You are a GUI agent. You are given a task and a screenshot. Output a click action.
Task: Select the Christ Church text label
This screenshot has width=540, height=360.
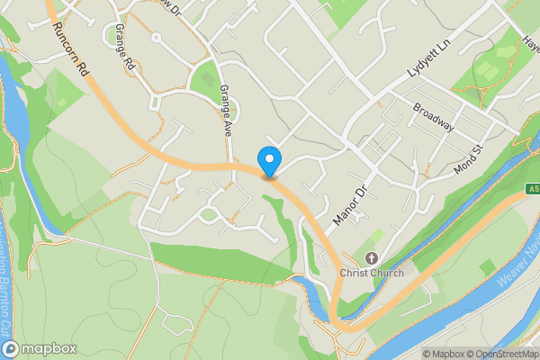pyautogui.click(x=372, y=273)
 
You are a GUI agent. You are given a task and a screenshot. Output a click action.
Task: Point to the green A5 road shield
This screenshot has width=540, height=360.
pyautogui.click(x=533, y=189)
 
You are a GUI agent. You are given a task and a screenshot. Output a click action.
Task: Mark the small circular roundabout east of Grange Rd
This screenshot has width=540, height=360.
pyautogui.click(x=155, y=38)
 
